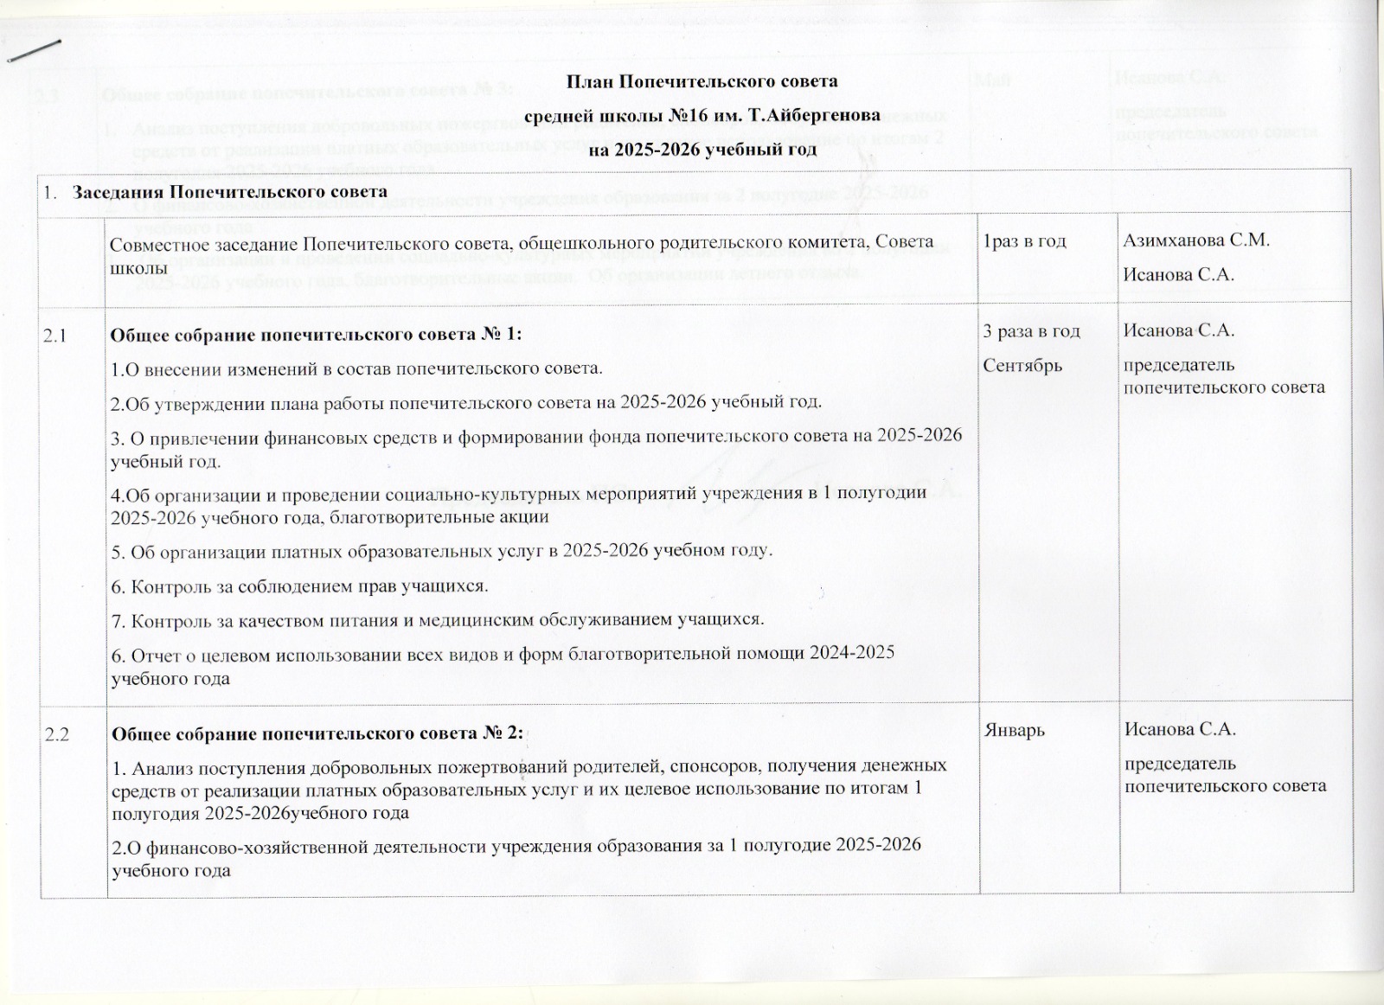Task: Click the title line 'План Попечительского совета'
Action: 702,82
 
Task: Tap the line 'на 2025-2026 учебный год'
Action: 702,150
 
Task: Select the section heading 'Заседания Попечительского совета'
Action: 230,191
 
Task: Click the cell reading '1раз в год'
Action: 1020,241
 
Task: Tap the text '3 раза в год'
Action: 1032,330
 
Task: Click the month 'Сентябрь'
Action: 1022,365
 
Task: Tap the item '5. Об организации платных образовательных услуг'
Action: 442,551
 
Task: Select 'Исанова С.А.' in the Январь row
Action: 1179,731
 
